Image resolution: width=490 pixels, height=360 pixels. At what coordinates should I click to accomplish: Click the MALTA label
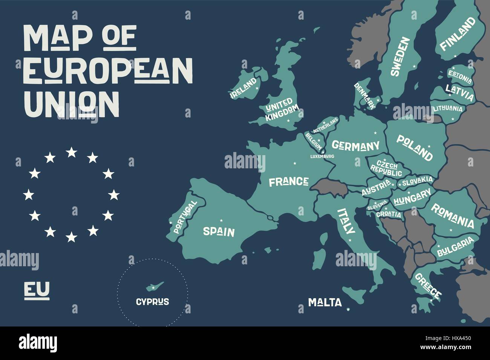tap(325, 302)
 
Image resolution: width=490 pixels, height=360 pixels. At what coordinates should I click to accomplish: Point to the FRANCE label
tap(289, 182)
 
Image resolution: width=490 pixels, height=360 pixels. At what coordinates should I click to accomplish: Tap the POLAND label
tap(414, 148)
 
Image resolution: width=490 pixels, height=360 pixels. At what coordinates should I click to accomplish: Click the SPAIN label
tap(219, 232)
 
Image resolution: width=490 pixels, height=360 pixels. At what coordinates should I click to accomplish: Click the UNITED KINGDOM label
tap(282, 109)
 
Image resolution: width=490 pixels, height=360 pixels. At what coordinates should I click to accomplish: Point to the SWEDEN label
tap(400, 57)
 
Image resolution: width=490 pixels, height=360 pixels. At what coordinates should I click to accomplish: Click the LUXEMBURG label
tap(322, 156)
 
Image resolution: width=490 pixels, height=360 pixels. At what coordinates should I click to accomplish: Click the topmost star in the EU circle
tap(71, 152)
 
